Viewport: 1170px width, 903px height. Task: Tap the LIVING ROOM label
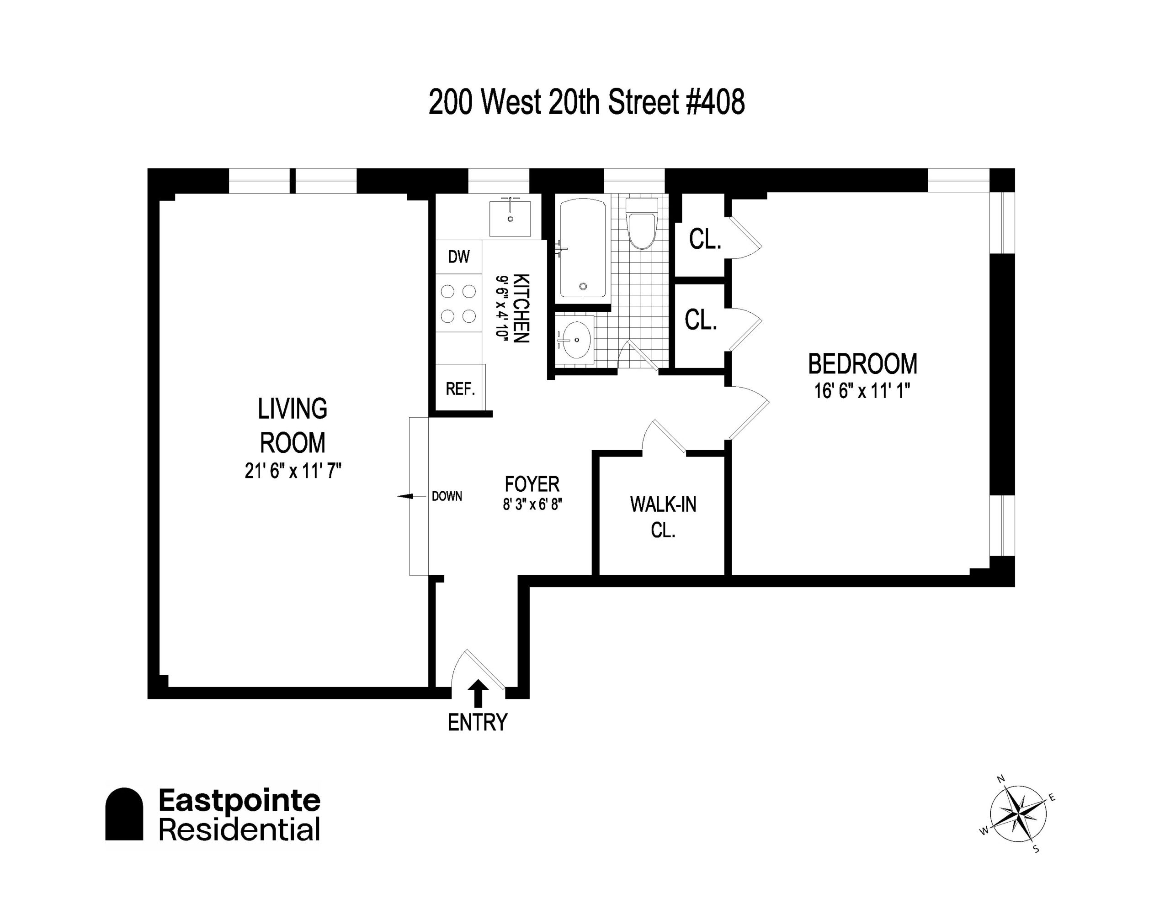[x=292, y=425]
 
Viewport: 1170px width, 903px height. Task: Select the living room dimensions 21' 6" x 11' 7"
[x=293, y=471]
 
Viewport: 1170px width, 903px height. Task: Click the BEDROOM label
[x=862, y=364]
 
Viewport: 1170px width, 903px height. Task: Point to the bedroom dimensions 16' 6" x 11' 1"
[x=862, y=391]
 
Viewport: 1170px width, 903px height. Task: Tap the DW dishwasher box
[x=458, y=257]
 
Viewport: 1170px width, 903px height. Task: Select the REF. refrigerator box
[x=460, y=388]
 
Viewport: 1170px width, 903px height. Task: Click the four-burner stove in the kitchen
[x=458, y=304]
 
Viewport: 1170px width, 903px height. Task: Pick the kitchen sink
[x=510, y=218]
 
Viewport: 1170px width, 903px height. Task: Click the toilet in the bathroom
[x=642, y=223]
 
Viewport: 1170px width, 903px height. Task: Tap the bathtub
[x=583, y=248]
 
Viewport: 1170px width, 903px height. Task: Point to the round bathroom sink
[x=575, y=339]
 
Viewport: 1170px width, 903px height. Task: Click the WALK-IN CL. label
[x=663, y=516]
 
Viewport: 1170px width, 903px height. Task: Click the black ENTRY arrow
[x=479, y=694]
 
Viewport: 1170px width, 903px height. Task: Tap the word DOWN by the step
[x=447, y=496]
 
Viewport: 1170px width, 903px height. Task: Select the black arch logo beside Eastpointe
[x=124, y=814]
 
